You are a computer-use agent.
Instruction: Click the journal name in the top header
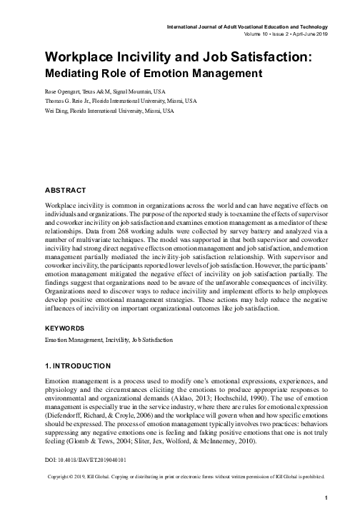(x=246, y=26)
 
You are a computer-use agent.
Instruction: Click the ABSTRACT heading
(x=65, y=191)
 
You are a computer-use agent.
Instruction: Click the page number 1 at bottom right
(x=326, y=498)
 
